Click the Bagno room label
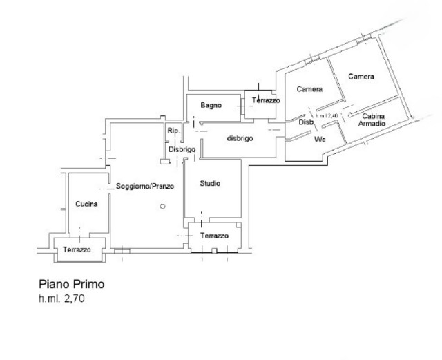pos(211,105)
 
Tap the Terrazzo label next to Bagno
pos(266,101)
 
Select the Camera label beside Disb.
pos(310,89)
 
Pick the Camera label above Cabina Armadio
pos(361,77)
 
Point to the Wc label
pos(320,139)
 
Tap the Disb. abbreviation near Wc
pos(307,122)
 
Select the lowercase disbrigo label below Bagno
pos(240,138)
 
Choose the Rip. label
pos(173,130)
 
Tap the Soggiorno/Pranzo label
pos(145,187)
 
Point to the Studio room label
pos(210,184)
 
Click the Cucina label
pos(87,204)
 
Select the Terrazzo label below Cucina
pos(77,249)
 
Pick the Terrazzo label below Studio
pos(214,236)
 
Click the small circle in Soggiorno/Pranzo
pos(162,205)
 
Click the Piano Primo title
pos(70,284)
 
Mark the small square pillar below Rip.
pos(164,162)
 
